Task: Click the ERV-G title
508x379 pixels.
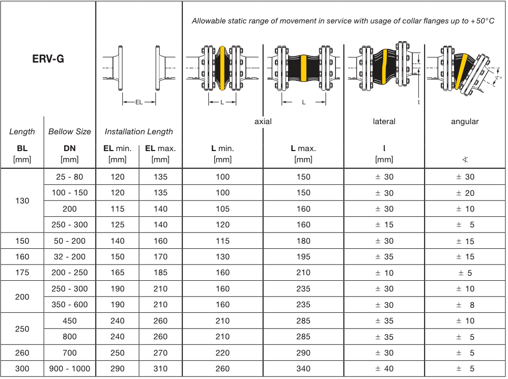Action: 48,59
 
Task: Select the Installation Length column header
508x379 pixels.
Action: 139,131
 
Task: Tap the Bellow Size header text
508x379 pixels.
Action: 70,131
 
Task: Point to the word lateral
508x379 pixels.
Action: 384,121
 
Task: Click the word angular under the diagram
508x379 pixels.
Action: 465,121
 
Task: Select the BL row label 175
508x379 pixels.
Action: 22,273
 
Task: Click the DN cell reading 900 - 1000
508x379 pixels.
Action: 70,369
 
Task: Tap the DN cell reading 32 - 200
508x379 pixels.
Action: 70,257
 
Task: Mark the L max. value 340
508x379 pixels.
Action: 303,369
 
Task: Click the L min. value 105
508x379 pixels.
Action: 222,209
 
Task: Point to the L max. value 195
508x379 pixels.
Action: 303,257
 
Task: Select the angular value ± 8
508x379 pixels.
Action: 465,305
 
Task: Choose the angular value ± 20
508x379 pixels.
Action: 465,193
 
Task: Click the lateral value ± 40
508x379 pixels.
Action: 384,369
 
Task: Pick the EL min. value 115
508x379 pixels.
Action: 118,209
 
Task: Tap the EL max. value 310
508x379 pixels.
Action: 160,369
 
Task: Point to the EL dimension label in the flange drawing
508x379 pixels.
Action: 139,102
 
